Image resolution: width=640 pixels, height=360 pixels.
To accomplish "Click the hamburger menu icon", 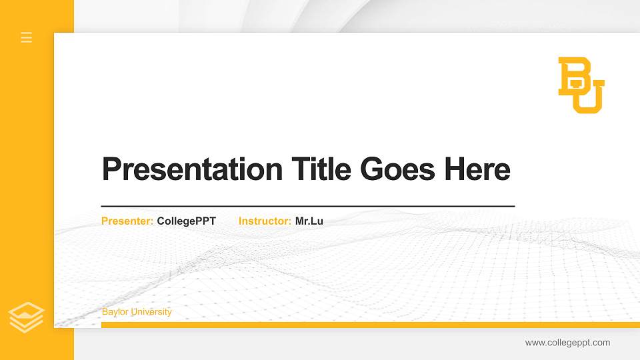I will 27,37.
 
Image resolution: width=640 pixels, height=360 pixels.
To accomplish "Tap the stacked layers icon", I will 27,317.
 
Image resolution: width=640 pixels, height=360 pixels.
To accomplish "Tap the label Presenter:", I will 127,221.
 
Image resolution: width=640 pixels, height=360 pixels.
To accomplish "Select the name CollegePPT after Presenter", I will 187,221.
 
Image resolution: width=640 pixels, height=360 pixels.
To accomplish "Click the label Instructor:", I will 265,221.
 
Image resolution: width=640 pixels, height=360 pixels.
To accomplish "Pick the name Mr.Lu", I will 309,221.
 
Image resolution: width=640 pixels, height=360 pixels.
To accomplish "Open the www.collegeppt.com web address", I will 567,343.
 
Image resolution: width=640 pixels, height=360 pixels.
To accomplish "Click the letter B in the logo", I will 573,75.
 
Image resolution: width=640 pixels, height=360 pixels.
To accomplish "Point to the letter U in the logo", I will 592,97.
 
